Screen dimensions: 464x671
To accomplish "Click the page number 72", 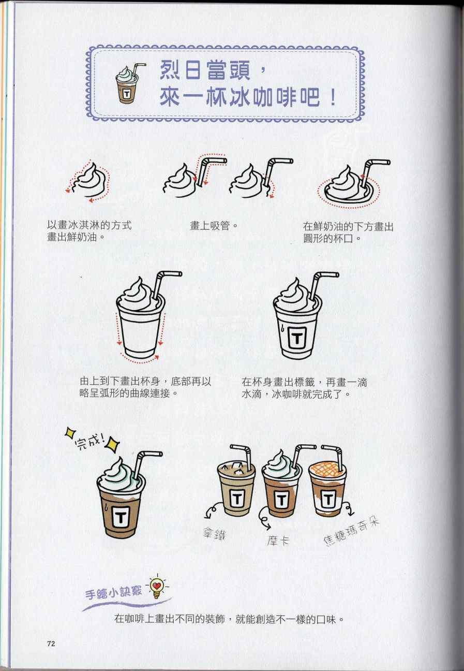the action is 51,641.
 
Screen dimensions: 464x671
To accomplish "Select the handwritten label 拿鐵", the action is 214,534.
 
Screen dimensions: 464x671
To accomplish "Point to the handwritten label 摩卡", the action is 278,540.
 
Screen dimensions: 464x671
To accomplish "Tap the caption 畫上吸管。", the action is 214,226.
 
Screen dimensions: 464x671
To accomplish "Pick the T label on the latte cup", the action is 236,499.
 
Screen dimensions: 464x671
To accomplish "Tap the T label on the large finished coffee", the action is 121,518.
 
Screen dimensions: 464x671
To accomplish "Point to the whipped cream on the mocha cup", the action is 281,466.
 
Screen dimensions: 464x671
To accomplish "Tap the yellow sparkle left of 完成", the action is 71,433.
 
